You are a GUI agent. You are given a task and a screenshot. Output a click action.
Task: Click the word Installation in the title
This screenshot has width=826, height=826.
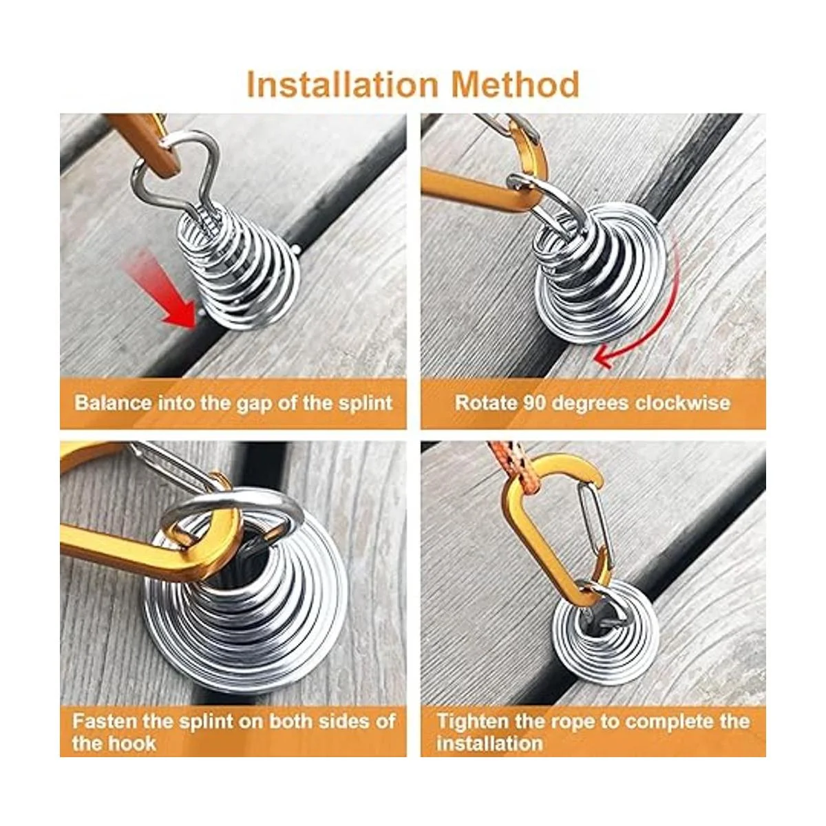(x=342, y=85)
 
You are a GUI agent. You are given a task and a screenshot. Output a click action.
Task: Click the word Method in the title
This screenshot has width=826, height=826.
(x=515, y=85)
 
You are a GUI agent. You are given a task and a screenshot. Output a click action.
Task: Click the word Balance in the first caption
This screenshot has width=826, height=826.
(x=113, y=403)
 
